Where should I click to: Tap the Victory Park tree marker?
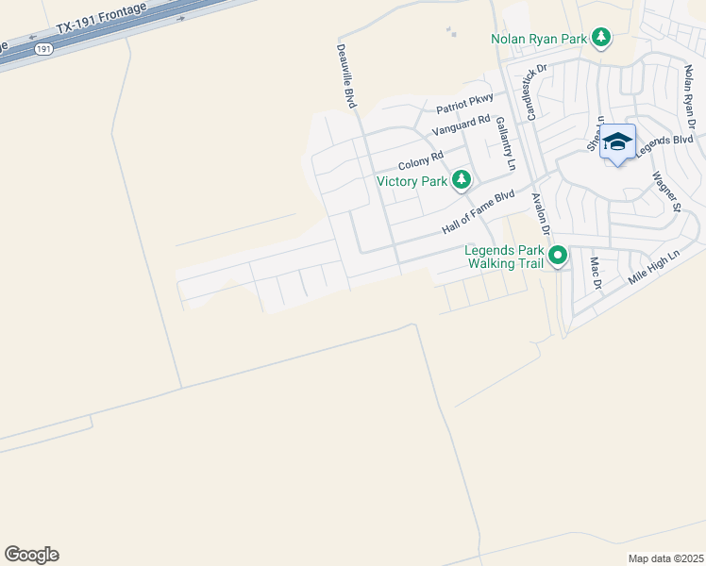pyautogui.click(x=461, y=180)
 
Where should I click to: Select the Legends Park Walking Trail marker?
pyautogui.click(x=558, y=256)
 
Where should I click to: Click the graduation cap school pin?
pyautogui.click(x=617, y=142)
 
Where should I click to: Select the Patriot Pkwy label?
pyautogui.click(x=465, y=109)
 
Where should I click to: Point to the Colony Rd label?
pyautogui.click(x=420, y=159)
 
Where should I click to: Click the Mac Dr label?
pyautogui.click(x=596, y=272)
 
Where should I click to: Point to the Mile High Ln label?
pyautogui.click(x=653, y=269)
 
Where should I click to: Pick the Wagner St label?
pyautogui.click(x=664, y=191)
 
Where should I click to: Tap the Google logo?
pyautogui.click(x=31, y=555)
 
